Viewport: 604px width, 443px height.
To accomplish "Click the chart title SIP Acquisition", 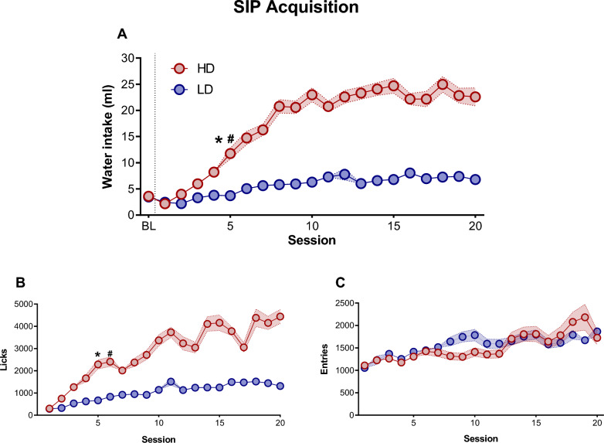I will point(301,10).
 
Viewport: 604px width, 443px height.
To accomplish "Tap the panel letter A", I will point(123,33).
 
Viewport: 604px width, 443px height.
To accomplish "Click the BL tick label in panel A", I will point(148,227).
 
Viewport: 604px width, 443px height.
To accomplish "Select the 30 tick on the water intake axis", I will point(128,58).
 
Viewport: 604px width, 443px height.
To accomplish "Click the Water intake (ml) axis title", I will point(110,136).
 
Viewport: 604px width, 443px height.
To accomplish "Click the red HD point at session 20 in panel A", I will point(476,97).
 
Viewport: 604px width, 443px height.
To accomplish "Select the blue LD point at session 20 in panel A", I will point(476,179).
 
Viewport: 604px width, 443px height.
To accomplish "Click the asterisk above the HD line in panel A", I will point(219,141).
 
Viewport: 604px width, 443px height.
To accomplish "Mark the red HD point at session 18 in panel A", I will point(443,84).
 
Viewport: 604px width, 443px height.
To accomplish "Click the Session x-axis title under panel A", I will point(312,240).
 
